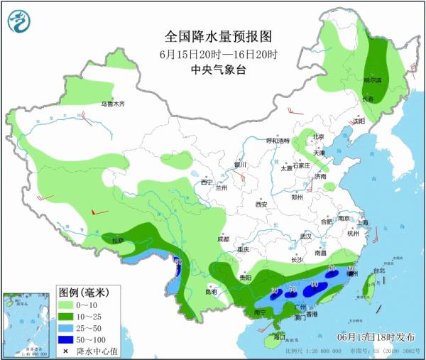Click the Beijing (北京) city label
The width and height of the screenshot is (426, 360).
point(318,136)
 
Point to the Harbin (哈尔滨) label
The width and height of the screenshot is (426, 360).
point(373,81)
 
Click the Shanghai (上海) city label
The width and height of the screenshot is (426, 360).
point(363,223)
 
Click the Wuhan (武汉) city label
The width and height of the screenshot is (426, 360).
point(306,235)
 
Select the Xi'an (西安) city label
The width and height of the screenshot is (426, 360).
point(261,204)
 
